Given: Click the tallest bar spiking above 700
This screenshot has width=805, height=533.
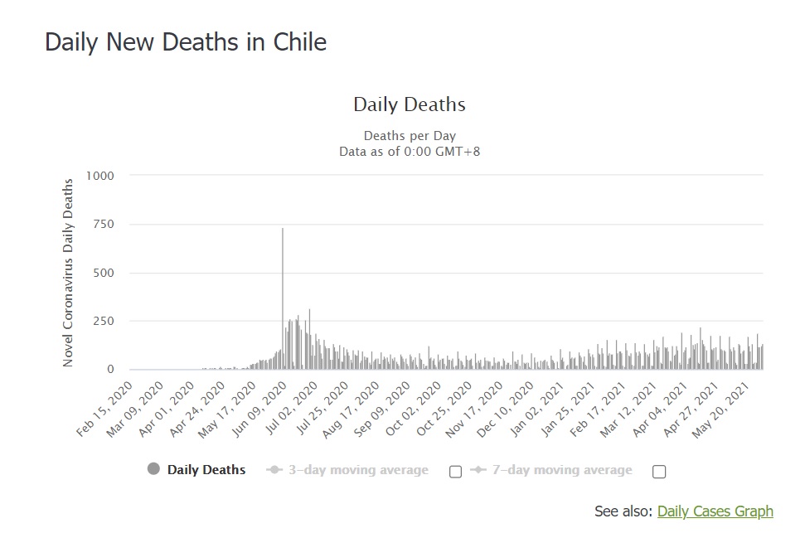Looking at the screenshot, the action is point(283,298).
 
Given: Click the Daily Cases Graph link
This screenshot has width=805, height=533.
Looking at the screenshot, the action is point(715,511).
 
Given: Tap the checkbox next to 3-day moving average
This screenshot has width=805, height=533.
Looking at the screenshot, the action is point(455,472).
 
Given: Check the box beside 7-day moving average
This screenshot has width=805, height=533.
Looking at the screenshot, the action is point(659,472).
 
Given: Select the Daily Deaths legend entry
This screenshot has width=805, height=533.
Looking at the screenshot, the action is point(196,469).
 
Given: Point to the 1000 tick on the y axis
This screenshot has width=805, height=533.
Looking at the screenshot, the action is point(100,176).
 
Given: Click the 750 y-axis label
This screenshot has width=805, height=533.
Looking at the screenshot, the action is point(104,224).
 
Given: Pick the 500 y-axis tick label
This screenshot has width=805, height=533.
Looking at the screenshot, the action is point(104,273).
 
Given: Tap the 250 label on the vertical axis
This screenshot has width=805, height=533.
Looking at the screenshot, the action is point(104,321).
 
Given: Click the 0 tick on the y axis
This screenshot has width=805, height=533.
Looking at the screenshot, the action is point(110,369).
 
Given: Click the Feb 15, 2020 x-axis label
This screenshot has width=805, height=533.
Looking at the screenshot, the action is point(104,409).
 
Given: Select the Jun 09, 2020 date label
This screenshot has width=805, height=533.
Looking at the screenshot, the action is point(259,409).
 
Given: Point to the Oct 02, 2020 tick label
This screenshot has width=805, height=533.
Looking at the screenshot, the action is point(414,409).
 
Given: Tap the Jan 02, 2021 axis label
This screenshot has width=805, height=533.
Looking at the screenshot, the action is point(537,409).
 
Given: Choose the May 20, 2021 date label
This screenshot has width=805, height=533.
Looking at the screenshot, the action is point(720,409).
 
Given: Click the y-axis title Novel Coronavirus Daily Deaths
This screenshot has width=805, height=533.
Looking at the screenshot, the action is point(68,273).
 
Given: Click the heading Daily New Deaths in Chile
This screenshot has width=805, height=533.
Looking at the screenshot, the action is point(186,42).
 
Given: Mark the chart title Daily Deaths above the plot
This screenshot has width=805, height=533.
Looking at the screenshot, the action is point(410,104).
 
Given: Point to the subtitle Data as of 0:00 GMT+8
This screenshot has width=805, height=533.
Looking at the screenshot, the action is point(410,152).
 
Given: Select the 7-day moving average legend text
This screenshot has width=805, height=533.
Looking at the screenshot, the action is point(562,470).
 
